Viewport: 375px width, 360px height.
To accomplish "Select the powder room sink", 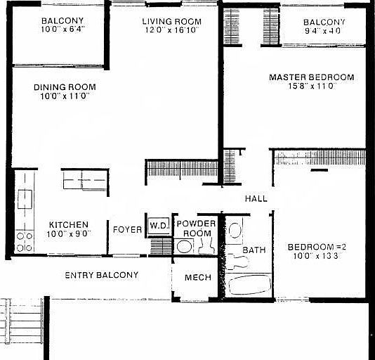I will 184,246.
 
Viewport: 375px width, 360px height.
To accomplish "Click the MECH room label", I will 198,278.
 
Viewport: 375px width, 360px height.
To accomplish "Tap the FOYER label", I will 127,229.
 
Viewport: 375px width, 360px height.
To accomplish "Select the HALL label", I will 256,199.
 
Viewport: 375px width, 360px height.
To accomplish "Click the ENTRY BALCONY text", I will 102,275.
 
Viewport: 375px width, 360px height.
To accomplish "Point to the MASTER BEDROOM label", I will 312,77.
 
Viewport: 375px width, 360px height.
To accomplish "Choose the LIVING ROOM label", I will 171,22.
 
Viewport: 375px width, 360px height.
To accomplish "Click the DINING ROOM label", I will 65,87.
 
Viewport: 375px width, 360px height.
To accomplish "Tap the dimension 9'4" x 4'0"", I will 324,30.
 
